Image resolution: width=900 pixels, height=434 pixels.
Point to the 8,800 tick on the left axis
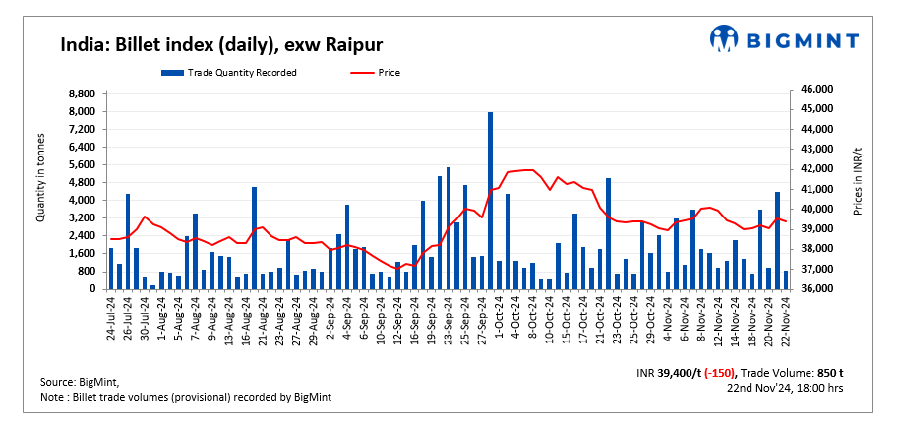click(x=80, y=93)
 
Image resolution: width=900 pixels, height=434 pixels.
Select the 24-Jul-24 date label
click(x=110, y=317)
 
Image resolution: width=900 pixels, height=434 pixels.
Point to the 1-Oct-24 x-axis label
click(x=499, y=315)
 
